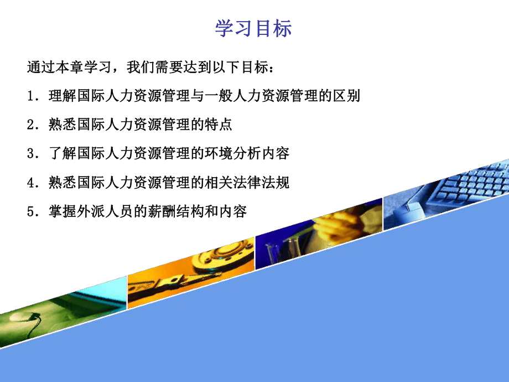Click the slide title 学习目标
(x=253, y=29)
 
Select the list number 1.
(x=30, y=96)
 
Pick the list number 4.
(x=30, y=183)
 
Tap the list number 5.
(x=30, y=211)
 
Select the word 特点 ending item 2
(x=218, y=125)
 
